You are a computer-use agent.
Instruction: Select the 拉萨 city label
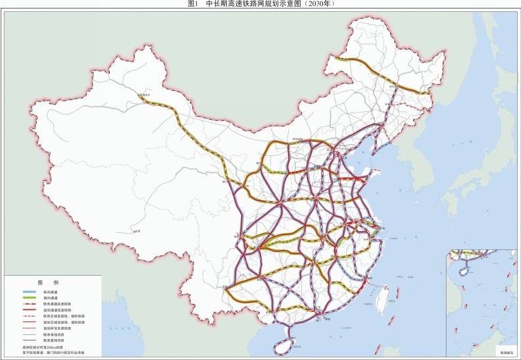[x=136, y=232]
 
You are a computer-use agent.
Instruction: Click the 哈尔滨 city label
[x=393, y=86]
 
